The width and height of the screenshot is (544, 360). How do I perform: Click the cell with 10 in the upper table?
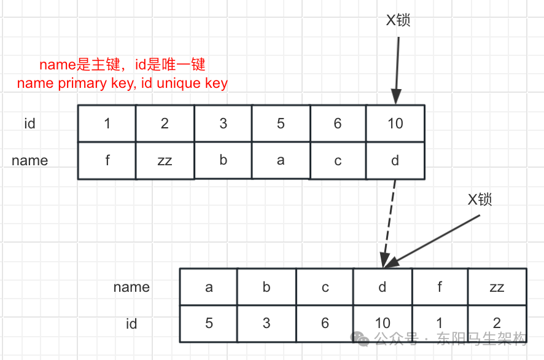[x=395, y=123]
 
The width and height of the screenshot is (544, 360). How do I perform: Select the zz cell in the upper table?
[x=165, y=161]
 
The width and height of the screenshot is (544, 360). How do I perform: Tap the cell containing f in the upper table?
[x=107, y=161]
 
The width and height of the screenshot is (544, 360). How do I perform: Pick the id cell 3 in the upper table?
[x=223, y=123]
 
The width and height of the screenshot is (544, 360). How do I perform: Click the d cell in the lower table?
[x=382, y=287]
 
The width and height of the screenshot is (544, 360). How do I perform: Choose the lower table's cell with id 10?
[x=382, y=323]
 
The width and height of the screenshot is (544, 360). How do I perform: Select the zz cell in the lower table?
[x=497, y=287]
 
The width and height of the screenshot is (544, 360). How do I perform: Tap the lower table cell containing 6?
[x=324, y=323]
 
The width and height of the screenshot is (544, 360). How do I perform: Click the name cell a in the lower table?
[x=209, y=287]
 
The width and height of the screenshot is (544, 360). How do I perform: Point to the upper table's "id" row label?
[x=29, y=123]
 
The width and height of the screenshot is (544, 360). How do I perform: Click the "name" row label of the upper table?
[x=29, y=161]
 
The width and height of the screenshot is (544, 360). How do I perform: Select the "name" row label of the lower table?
[x=131, y=287]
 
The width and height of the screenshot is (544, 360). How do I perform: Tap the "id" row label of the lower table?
[x=131, y=323]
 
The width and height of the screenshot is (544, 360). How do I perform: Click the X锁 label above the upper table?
[x=398, y=20]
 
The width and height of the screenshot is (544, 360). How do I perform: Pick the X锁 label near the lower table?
[x=480, y=200]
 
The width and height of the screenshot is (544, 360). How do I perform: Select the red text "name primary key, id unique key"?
[x=122, y=84]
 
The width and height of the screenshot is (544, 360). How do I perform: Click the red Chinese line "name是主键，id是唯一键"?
[x=122, y=65]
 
